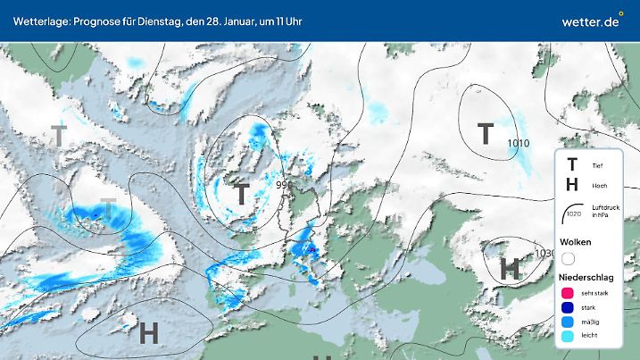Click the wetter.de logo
coord(591,21)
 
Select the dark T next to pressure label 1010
coord(486,134)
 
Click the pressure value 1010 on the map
coord(518,143)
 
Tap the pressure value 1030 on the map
coord(544,255)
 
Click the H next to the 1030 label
coord(510,267)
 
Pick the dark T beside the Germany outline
coord(240,193)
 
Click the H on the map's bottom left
coord(149,332)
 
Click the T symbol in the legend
coord(572,164)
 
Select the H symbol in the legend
coord(572,186)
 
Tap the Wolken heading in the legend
coord(576,242)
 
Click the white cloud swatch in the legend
coord(568,259)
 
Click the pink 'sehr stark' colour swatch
coord(568,294)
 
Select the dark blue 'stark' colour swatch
coord(568,308)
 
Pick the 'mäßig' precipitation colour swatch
coord(568,322)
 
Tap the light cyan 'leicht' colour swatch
coord(568,337)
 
